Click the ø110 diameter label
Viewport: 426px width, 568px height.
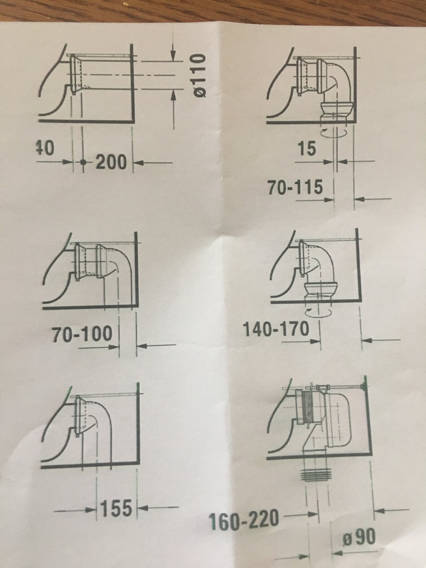[x=201, y=75]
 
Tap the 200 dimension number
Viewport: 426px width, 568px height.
[x=111, y=162]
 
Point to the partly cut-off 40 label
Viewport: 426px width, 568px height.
[x=45, y=148]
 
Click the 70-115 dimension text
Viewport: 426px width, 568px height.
[x=295, y=187]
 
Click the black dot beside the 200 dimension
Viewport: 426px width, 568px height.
[x=83, y=162]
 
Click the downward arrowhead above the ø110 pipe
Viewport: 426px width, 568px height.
[x=173, y=55]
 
